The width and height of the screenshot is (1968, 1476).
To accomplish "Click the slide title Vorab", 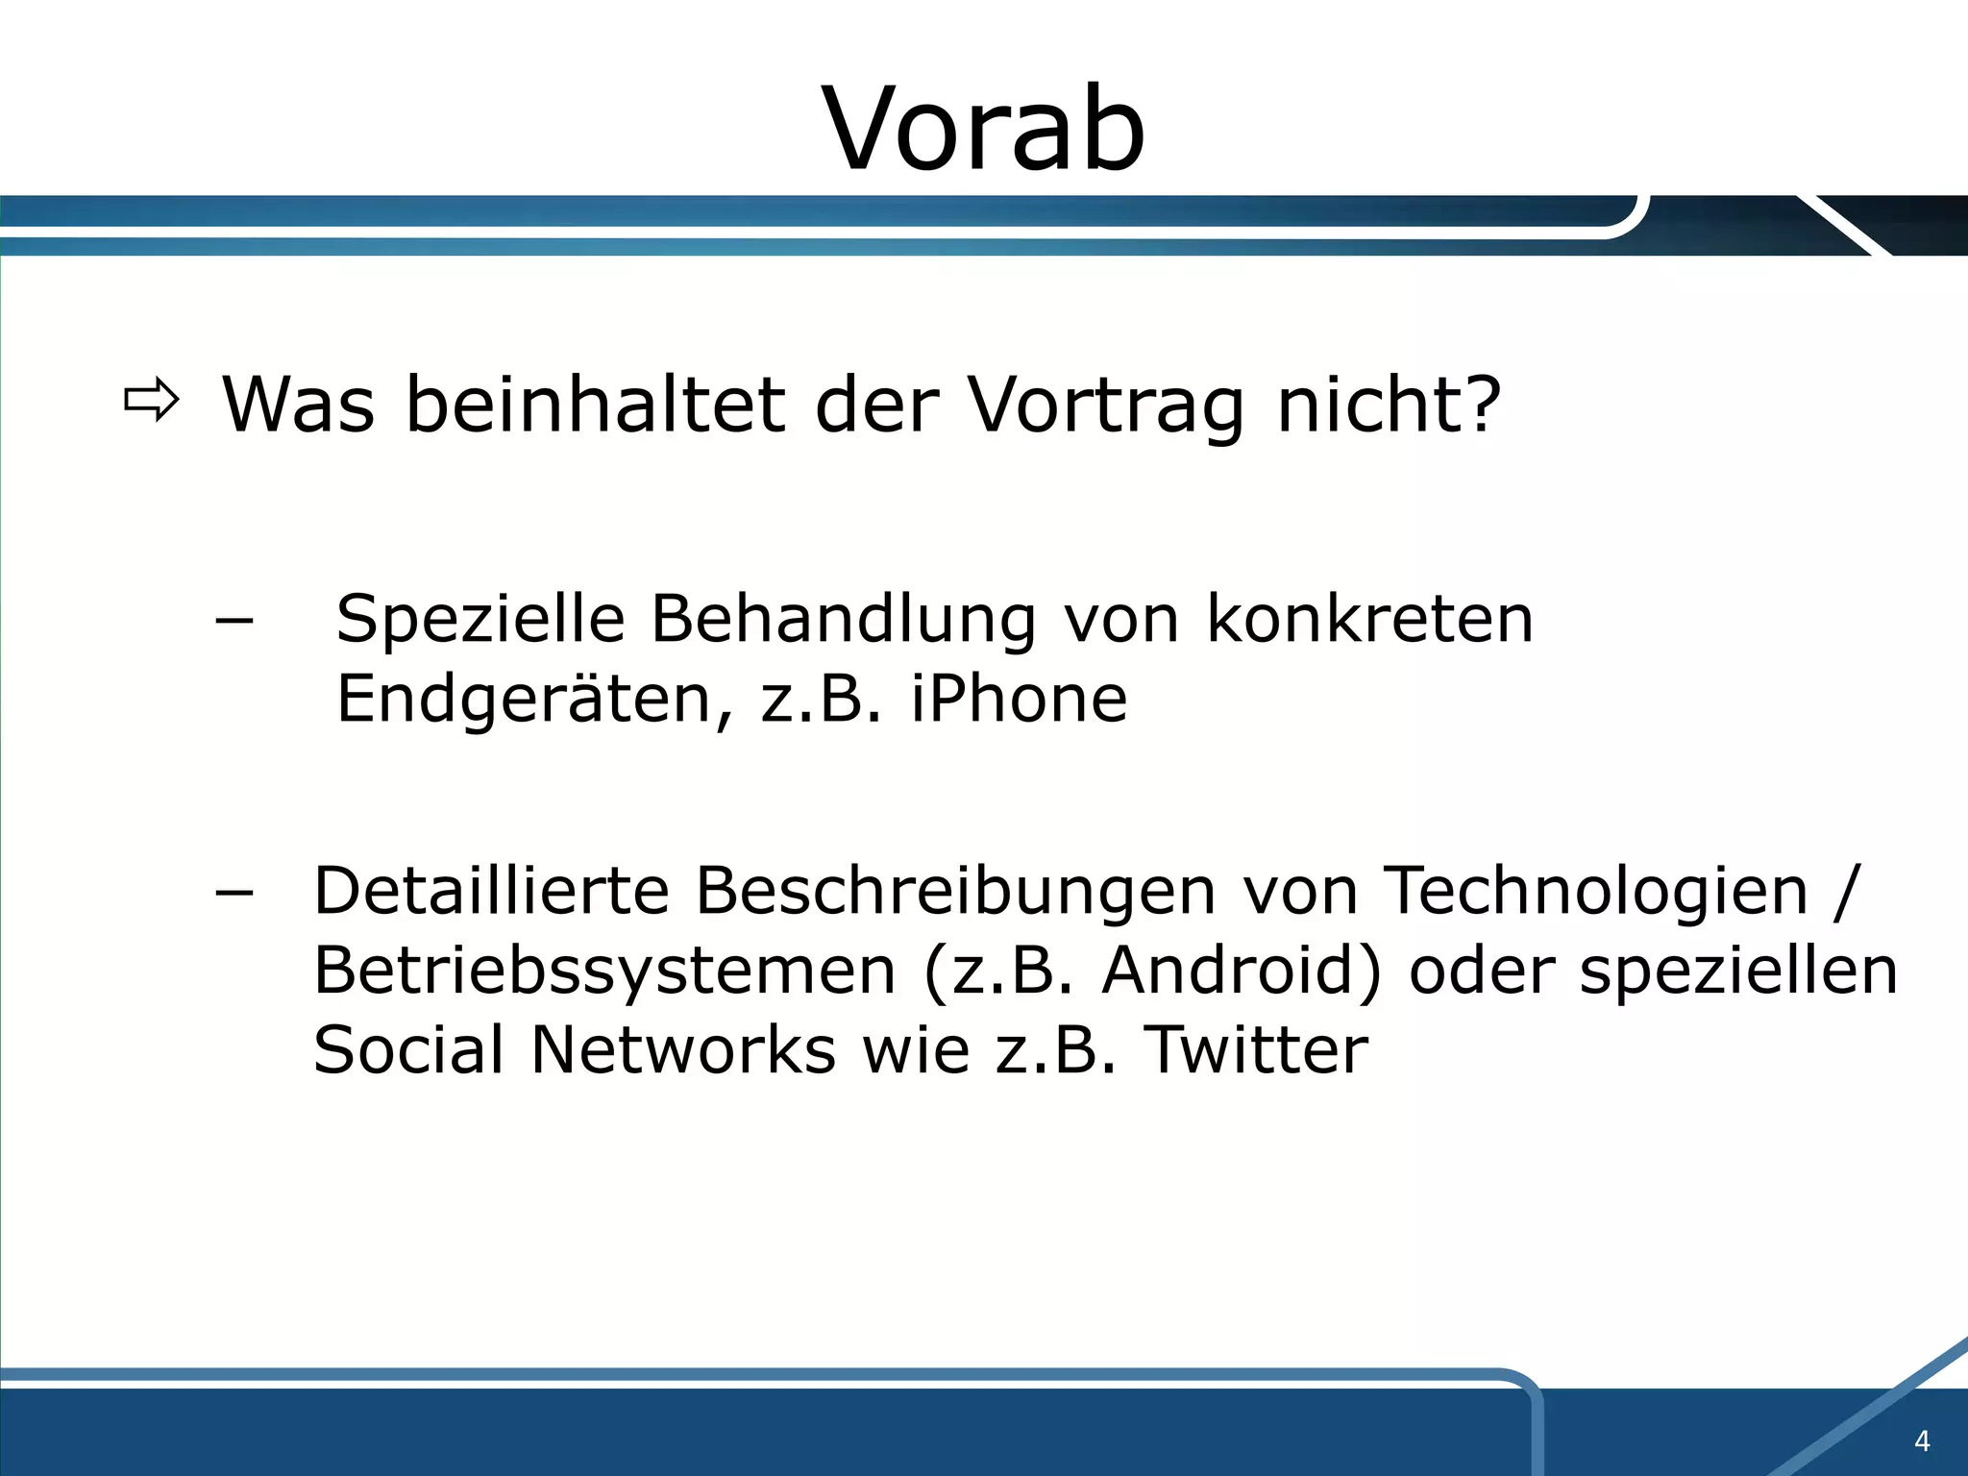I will pos(983,130).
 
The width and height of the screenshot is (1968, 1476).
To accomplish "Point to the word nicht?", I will pos(1389,406).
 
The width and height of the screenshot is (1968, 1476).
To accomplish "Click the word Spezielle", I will pos(480,620).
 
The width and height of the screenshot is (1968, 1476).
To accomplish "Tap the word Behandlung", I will pos(844,620).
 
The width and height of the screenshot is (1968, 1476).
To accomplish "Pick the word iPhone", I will pos(1019,699).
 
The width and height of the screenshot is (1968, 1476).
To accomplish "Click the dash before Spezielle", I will pos(234,621).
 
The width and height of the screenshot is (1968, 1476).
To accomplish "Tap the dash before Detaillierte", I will pos(234,893).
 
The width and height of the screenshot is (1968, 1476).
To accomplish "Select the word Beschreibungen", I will pos(956,892).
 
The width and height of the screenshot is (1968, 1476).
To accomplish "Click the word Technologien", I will pos(1595,892).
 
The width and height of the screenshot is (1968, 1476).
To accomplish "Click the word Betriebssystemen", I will pos(604,972).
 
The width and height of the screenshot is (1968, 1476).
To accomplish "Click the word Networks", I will pos(682,1049).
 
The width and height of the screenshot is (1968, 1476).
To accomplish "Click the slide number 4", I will pos(1922,1440).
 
